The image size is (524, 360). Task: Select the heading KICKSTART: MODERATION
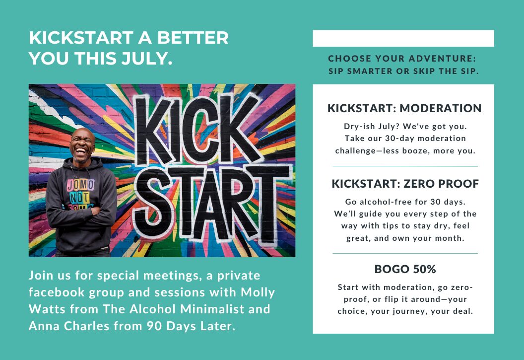(404, 108)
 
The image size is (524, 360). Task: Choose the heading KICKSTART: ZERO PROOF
(405, 184)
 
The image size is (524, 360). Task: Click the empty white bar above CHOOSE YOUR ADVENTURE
(403, 38)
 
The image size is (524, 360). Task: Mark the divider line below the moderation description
(405, 166)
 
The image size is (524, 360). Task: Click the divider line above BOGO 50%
(405, 253)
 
